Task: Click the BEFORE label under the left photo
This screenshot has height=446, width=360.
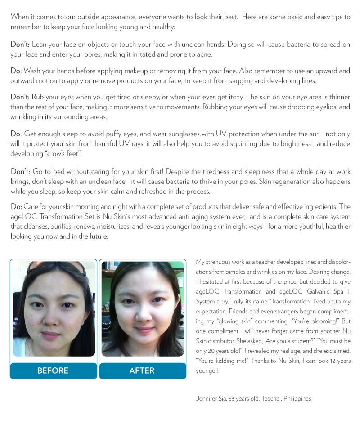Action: [53, 370]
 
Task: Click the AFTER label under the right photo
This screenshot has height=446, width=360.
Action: [142, 370]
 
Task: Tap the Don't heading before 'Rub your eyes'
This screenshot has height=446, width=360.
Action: [20, 97]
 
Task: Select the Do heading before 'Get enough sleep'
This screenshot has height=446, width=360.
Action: [16, 134]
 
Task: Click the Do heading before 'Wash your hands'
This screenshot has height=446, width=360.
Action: [16, 71]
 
